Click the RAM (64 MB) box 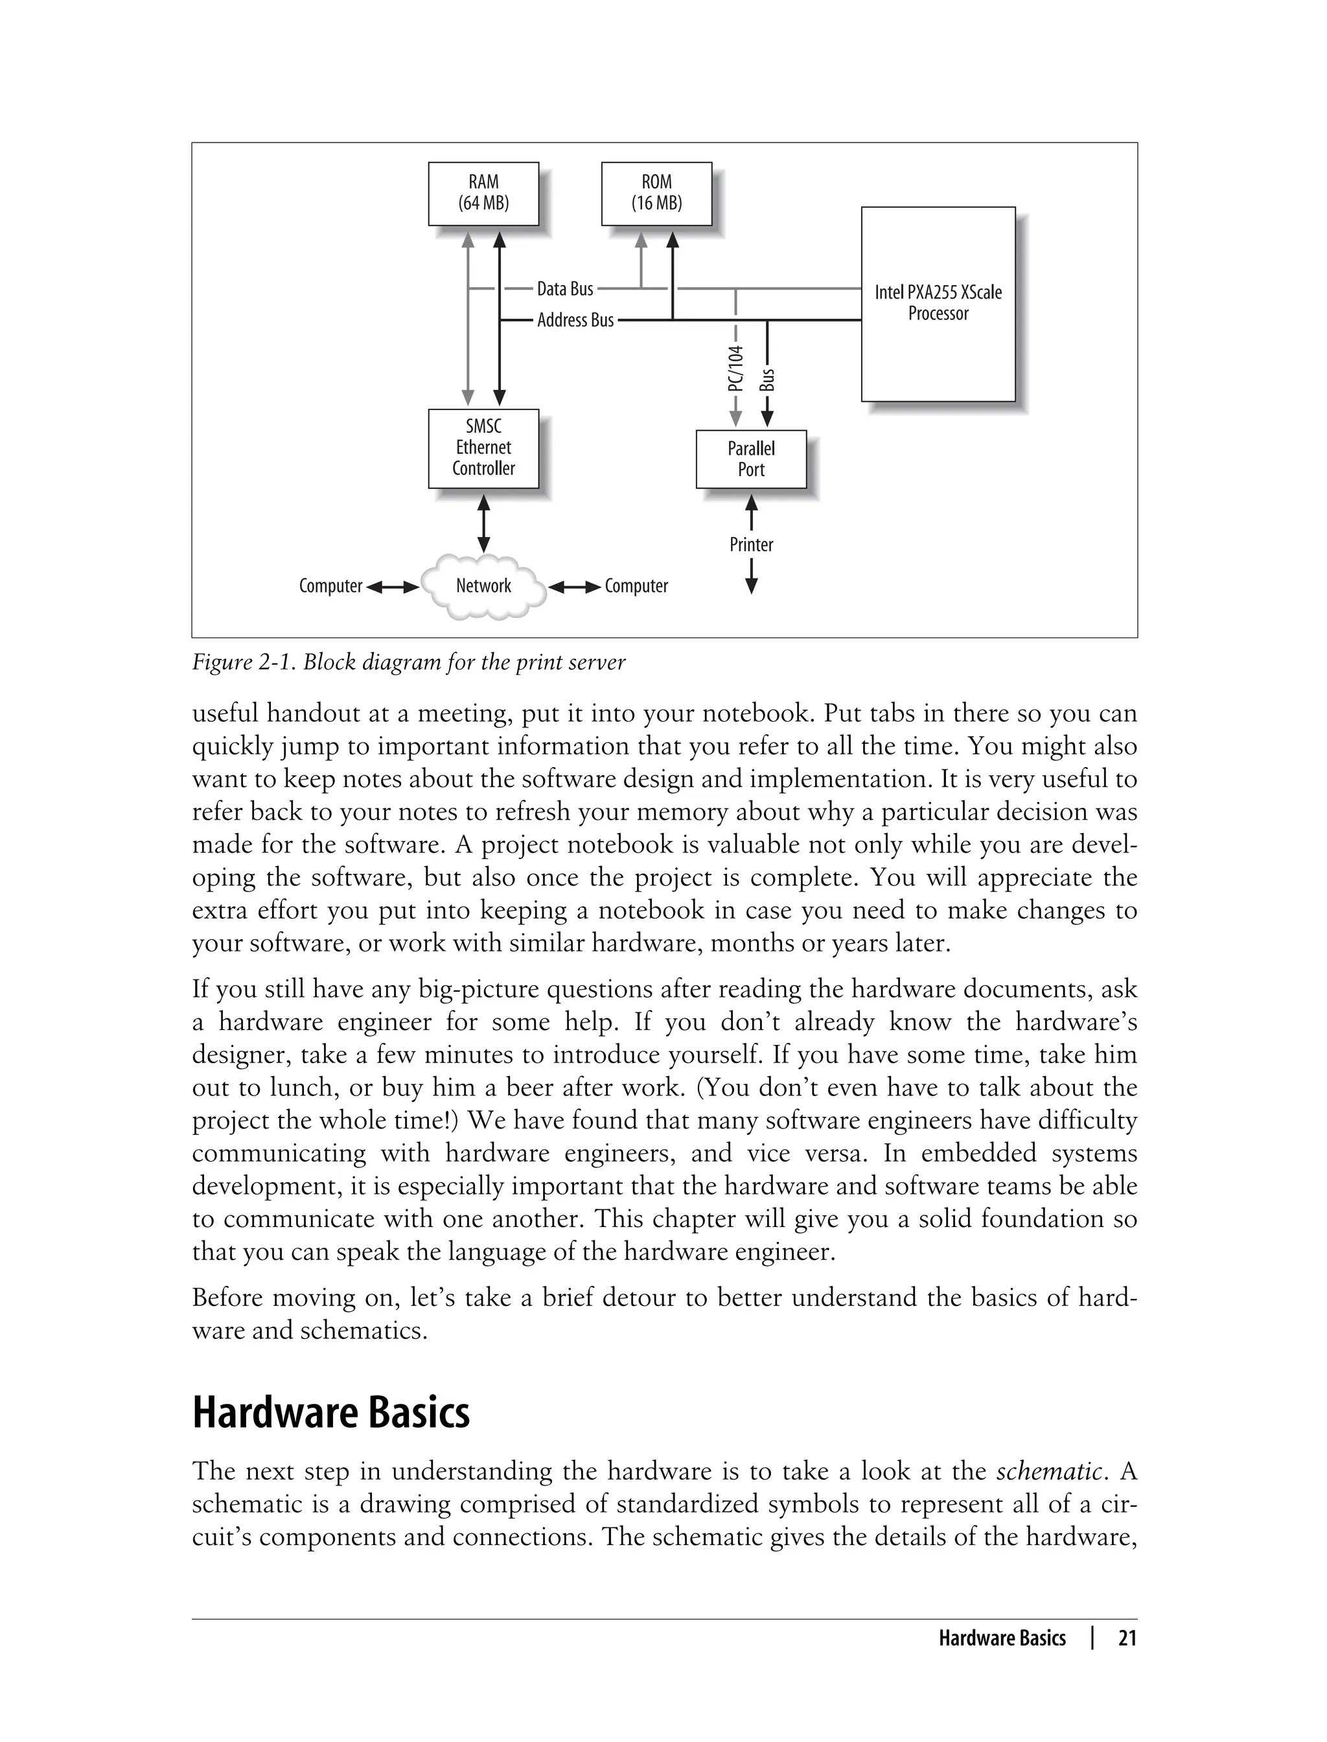(483, 194)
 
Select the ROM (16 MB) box (656, 194)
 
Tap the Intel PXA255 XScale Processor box (938, 304)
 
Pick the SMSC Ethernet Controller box (483, 448)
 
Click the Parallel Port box (750, 459)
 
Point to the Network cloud (483, 586)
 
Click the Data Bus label (565, 289)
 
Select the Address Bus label (575, 320)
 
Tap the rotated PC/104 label (736, 369)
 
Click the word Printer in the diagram (751, 545)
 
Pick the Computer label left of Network (330, 586)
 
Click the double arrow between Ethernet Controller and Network (483, 523)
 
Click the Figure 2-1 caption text (408, 661)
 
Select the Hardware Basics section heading (331, 1414)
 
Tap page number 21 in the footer (1127, 1638)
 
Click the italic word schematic (1048, 1471)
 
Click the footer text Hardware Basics (1002, 1638)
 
